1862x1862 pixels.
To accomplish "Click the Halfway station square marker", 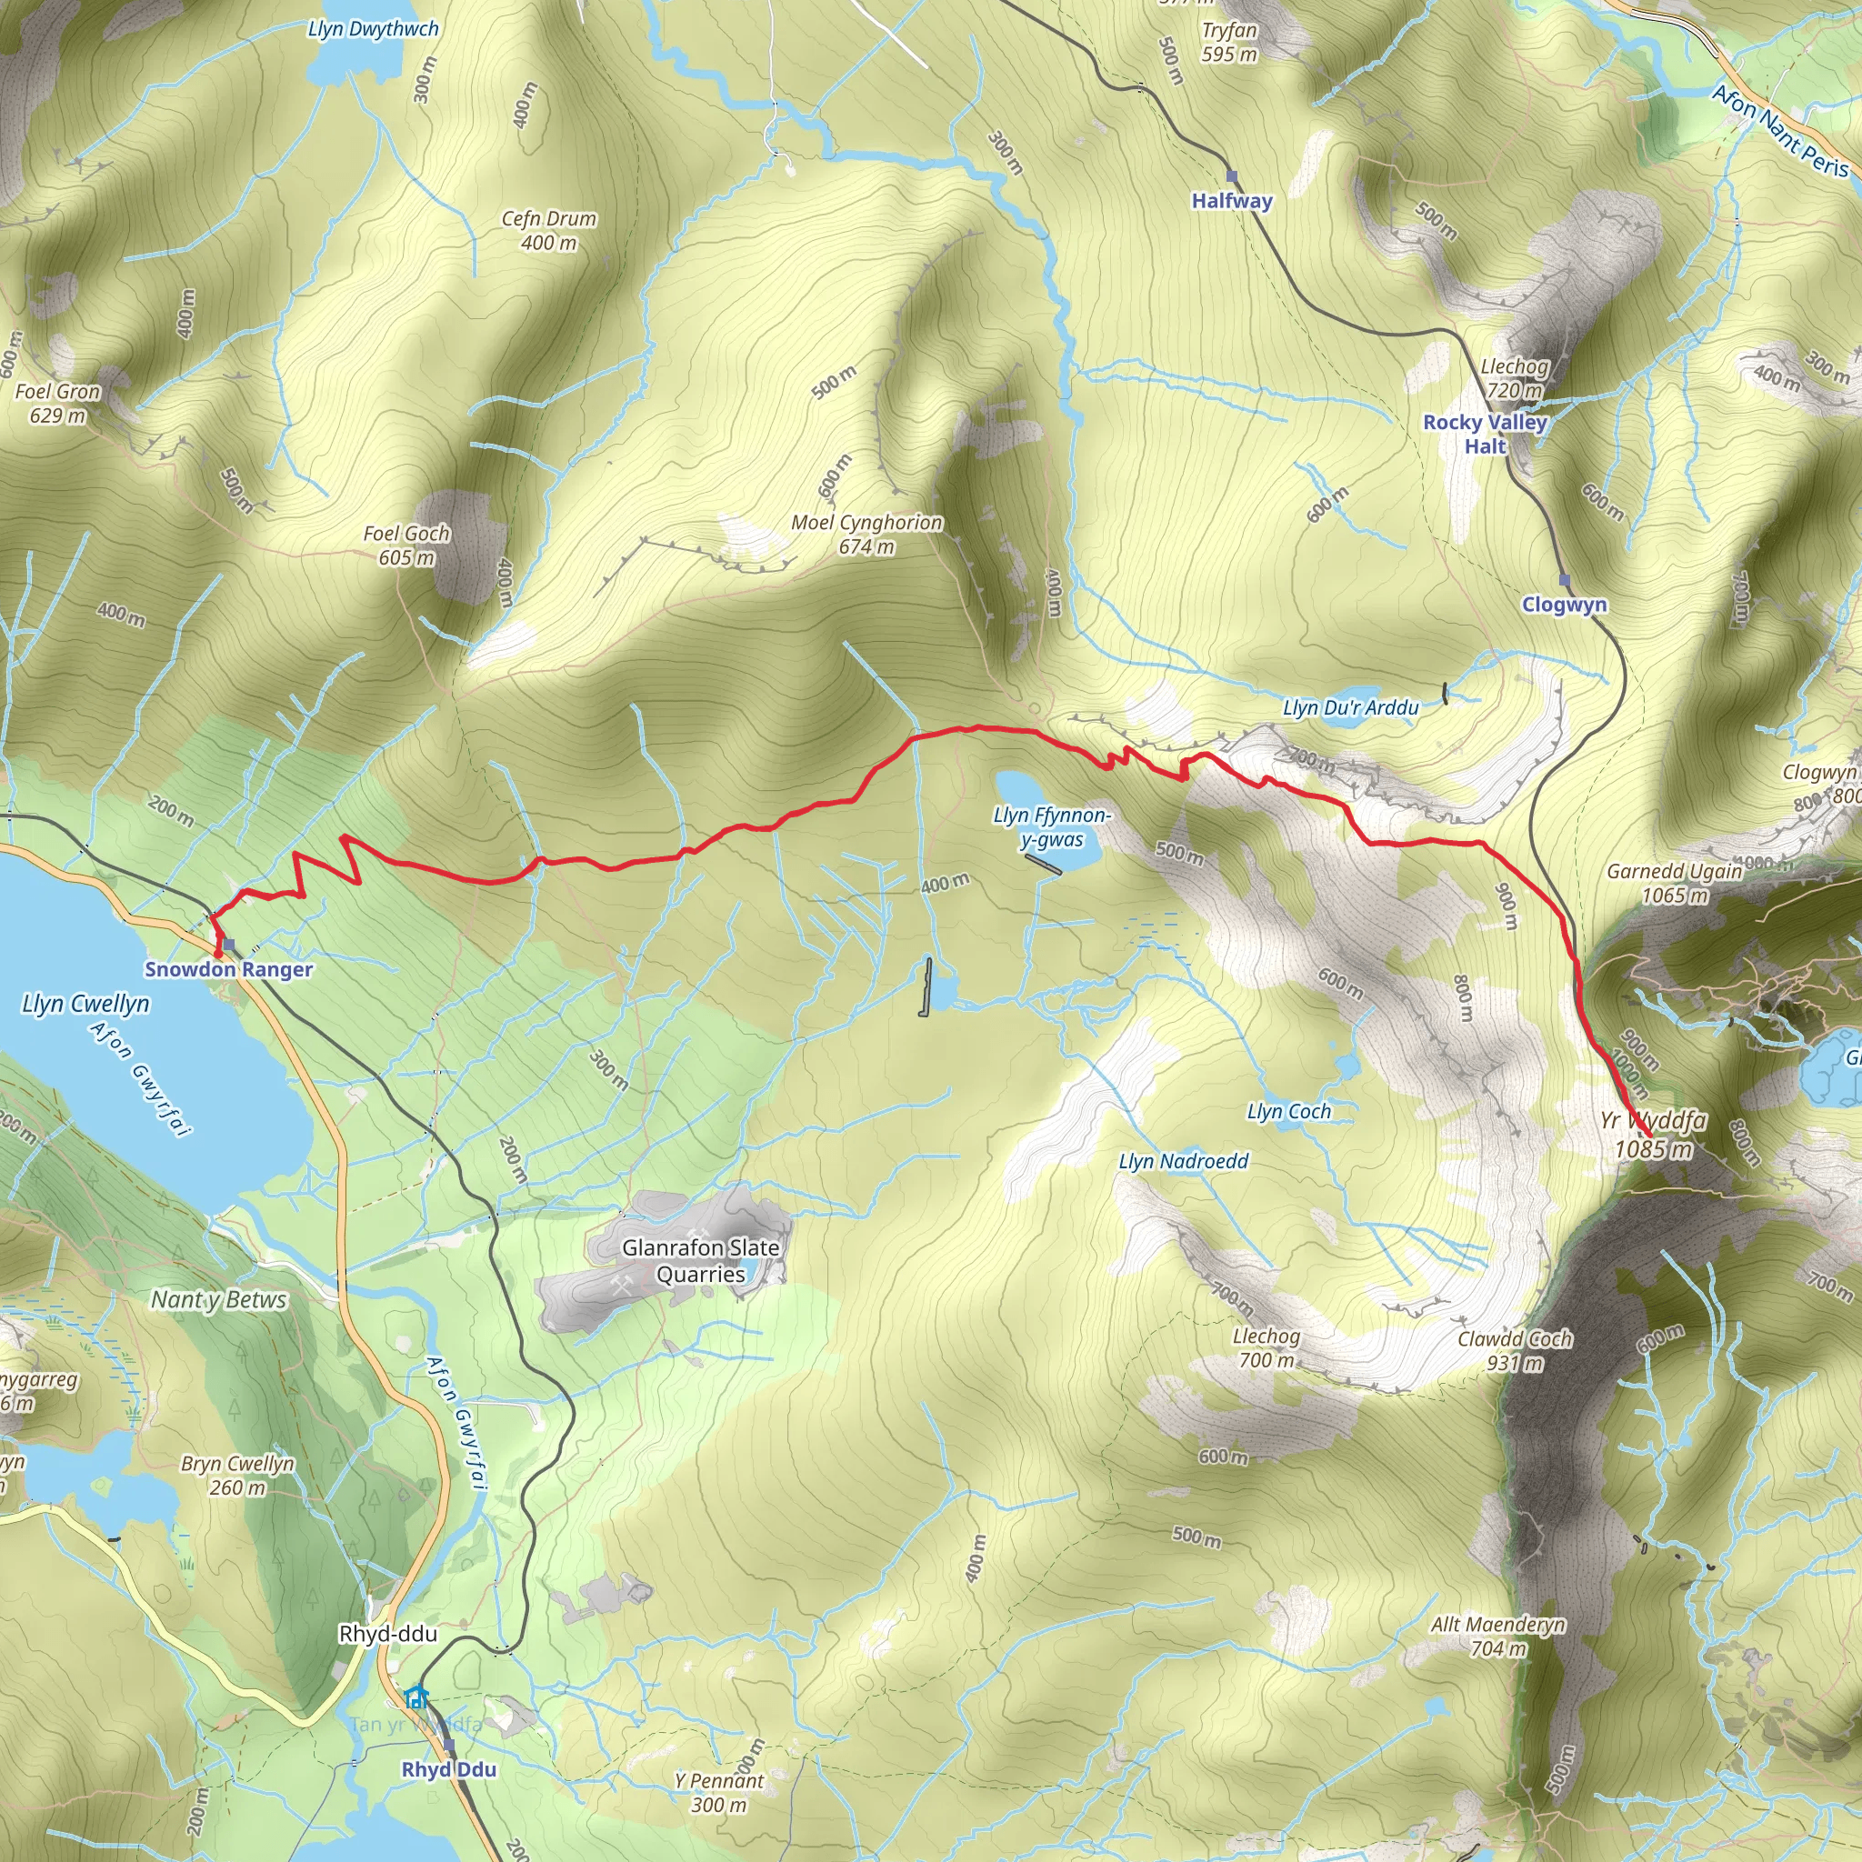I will tap(1232, 176).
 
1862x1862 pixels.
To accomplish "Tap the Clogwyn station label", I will tap(1563, 605).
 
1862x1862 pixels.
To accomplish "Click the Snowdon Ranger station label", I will tap(228, 969).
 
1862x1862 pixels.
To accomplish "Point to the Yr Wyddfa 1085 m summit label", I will tap(1653, 1135).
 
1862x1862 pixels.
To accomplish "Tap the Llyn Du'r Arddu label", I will tap(1349, 707).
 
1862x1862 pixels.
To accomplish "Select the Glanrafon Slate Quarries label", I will tap(701, 1261).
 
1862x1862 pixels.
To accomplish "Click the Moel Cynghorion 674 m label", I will tap(866, 534).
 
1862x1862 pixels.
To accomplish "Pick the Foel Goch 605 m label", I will tap(405, 545).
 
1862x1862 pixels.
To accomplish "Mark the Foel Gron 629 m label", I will tap(57, 403).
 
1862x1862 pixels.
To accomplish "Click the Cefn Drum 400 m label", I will tap(548, 230).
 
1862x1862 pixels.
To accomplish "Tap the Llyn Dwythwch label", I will tap(373, 29).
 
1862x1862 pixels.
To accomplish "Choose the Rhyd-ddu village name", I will tap(387, 1634).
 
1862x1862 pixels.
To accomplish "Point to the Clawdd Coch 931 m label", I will tap(1514, 1350).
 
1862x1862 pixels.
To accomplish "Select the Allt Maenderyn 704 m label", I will tap(1497, 1637).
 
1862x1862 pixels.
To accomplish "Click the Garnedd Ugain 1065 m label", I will tap(1674, 883).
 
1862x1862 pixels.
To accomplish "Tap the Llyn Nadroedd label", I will tap(1183, 1161).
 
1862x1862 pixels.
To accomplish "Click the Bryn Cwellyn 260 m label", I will tap(237, 1475).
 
